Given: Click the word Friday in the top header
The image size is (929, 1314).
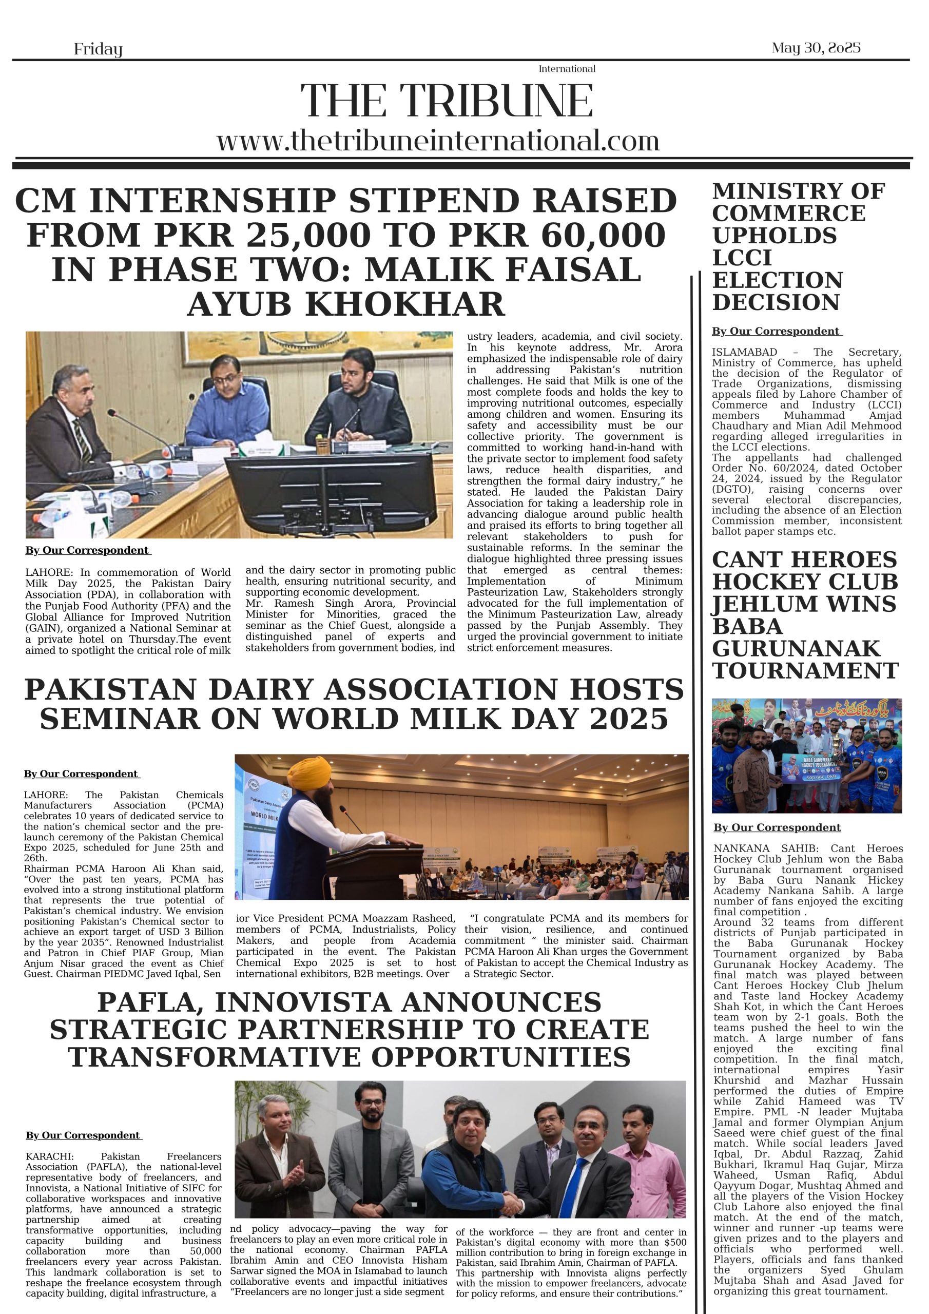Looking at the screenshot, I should pyautogui.click(x=98, y=50).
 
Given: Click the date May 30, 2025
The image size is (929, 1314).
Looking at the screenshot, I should pyautogui.click(x=816, y=48).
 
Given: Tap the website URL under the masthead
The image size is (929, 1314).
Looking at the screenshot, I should pyautogui.click(x=438, y=141).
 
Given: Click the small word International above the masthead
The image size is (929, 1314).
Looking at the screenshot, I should pyautogui.click(x=567, y=69).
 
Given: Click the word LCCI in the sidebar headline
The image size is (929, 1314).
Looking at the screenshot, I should pyautogui.click(x=742, y=258).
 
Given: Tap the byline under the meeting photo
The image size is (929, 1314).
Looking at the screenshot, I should pyautogui.click(x=88, y=551).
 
